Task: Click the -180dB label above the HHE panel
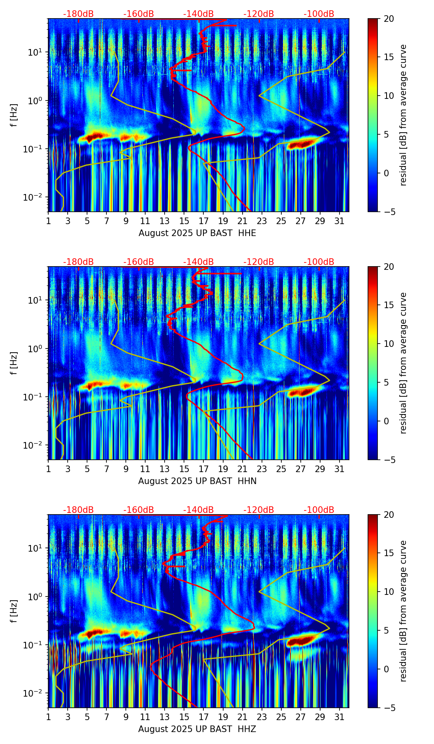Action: click(x=78, y=14)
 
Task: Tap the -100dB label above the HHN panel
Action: click(x=319, y=262)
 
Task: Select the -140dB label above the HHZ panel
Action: click(x=198, y=510)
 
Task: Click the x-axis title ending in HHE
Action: click(x=197, y=233)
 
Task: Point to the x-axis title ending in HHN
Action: click(x=197, y=481)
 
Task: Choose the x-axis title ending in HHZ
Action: click(x=197, y=729)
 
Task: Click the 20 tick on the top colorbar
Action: click(x=388, y=19)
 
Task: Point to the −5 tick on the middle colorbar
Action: click(x=388, y=459)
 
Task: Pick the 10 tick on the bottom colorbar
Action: click(x=388, y=592)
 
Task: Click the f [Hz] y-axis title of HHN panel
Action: click(x=14, y=363)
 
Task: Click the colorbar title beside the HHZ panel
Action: click(x=403, y=611)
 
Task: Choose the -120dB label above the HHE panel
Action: click(x=259, y=14)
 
